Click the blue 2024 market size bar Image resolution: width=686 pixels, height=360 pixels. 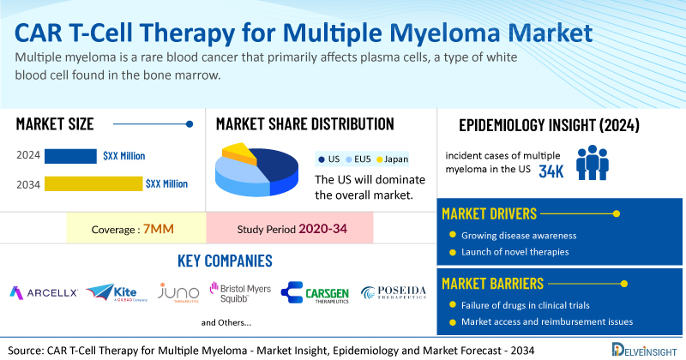tap(70, 156)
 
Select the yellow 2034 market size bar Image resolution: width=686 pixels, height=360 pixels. tap(93, 183)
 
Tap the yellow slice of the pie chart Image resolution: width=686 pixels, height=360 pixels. tap(239, 154)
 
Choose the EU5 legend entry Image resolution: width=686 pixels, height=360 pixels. tap(355, 159)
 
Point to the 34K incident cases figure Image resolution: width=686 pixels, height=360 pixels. tap(551, 171)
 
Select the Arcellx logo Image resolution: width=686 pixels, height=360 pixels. tap(43, 292)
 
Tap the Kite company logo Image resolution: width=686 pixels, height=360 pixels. tap(111, 292)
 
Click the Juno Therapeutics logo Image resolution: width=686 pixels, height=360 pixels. tap(178, 292)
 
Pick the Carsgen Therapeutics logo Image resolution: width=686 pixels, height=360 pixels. tap(315, 292)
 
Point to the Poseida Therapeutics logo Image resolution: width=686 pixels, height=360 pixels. tap(392, 292)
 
